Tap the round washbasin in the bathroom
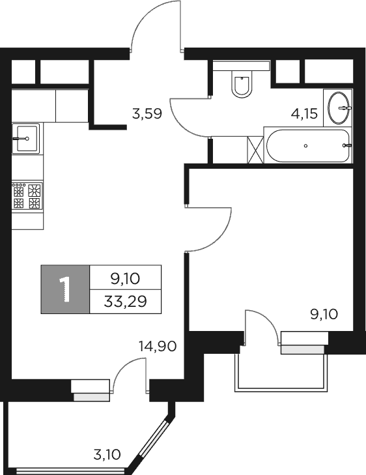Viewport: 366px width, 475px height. [339, 108]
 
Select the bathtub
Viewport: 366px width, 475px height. [307, 146]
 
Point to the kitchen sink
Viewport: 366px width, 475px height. [26, 137]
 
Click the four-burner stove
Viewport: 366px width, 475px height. [27, 195]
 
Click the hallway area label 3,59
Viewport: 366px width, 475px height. [147, 115]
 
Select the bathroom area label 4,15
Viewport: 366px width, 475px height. [304, 115]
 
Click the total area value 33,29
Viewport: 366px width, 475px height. [125, 301]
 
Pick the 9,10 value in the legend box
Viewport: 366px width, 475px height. [125, 278]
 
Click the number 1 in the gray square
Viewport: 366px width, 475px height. [65, 289]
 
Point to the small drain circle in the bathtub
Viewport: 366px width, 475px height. [305, 146]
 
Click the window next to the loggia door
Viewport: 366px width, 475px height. [91, 389]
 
